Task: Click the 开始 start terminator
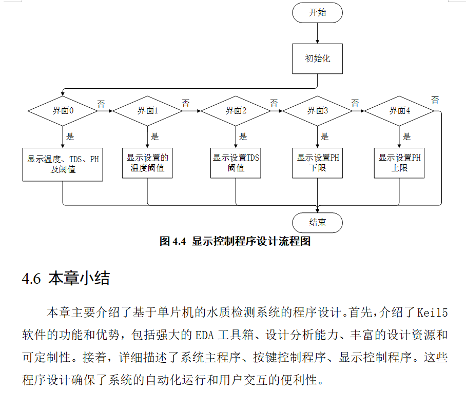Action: click(x=317, y=13)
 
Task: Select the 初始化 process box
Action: click(x=317, y=58)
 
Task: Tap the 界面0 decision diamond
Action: click(x=63, y=110)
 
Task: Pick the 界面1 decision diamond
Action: click(x=147, y=110)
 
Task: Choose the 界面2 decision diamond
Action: click(x=236, y=110)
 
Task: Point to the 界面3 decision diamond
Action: click(x=317, y=110)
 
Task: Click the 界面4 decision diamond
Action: click(x=399, y=110)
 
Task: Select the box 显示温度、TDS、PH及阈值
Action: click(x=63, y=164)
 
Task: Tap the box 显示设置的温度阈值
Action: click(x=147, y=163)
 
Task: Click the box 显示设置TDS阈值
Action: click(x=236, y=163)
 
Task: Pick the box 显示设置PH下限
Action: click(x=317, y=163)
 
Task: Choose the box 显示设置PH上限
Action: click(x=399, y=163)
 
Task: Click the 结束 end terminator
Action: click(x=317, y=223)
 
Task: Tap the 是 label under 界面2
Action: click(x=243, y=136)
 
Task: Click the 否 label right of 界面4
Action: click(x=435, y=100)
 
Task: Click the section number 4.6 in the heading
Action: click(x=31, y=279)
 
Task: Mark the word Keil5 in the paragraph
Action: click(x=432, y=312)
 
